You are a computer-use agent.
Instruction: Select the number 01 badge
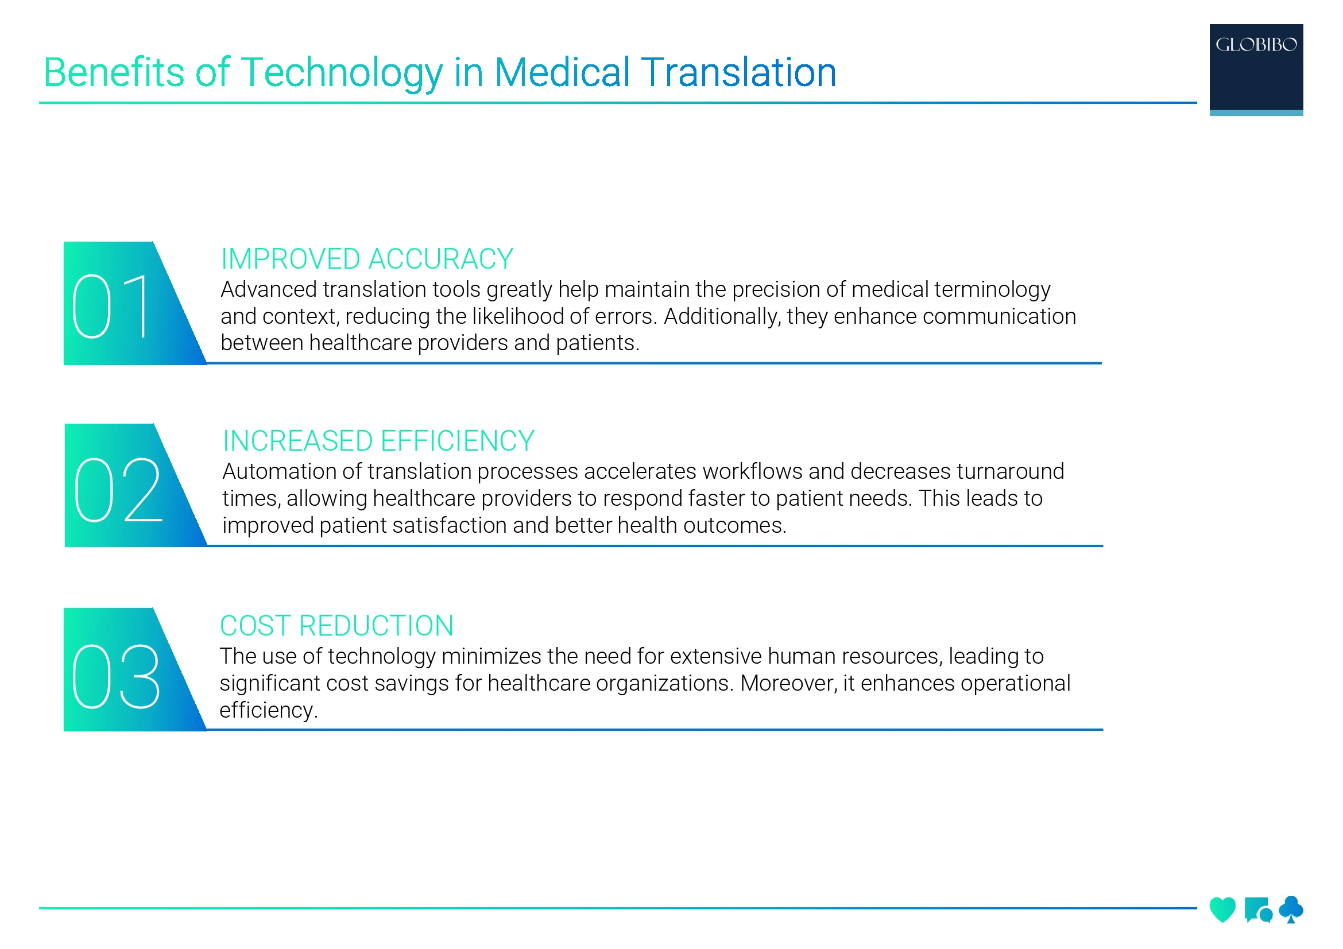(111, 305)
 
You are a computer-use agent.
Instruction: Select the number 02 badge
(118, 489)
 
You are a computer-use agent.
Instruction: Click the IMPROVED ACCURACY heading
(367, 259)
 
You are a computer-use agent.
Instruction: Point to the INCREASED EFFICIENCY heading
(378, 441)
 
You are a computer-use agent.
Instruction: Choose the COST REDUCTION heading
(336, 626)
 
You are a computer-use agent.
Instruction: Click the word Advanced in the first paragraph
(269, 289)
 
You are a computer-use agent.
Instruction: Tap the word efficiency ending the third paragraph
(266, 710)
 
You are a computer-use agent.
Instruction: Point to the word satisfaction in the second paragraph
(448, 525)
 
